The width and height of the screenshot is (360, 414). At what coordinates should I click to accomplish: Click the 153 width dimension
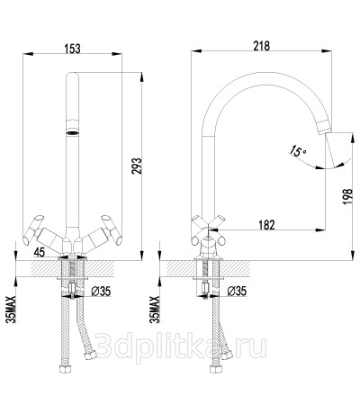point(72,49)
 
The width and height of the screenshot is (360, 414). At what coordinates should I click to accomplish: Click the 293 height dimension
point(136,170)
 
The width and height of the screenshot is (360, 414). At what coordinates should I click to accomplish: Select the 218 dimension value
point(262,46)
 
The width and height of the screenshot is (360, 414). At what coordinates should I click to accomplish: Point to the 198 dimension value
point(347,196)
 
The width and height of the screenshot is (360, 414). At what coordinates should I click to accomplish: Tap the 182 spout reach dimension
point(266,225)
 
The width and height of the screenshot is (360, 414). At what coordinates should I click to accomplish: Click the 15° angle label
point(297,151)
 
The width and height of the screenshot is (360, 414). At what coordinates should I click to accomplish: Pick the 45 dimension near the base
point(40,252)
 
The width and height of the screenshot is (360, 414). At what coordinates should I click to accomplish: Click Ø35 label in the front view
point(101,291)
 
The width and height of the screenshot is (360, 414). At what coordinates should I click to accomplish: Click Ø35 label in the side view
point(237,291)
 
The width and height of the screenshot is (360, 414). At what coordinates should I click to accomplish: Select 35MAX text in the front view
point(12,309)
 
